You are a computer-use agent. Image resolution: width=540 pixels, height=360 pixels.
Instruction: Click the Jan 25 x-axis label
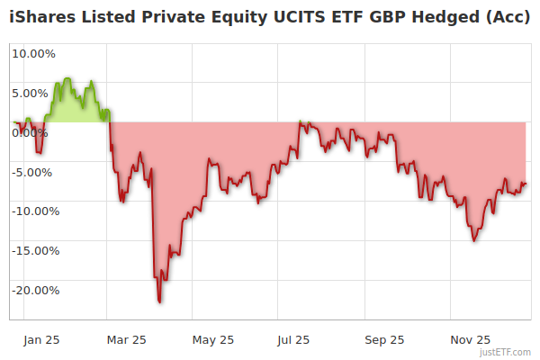(41, 340)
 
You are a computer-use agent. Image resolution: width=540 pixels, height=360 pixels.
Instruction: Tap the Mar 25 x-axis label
(126, 340)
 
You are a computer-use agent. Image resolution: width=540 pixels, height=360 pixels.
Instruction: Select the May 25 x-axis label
(213, 340)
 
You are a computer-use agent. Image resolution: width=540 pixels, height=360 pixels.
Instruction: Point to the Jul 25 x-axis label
(294, 340)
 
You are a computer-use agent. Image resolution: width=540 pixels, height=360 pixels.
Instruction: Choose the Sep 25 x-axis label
(384, 340)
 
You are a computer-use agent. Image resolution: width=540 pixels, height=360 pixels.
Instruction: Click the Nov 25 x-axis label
(470, 340)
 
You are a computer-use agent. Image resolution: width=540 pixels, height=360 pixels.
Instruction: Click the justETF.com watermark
(506, 353)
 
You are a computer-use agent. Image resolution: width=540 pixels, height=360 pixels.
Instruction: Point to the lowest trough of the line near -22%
(159, 301)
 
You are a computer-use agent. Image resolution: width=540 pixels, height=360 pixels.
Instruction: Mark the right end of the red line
(526, 184)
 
